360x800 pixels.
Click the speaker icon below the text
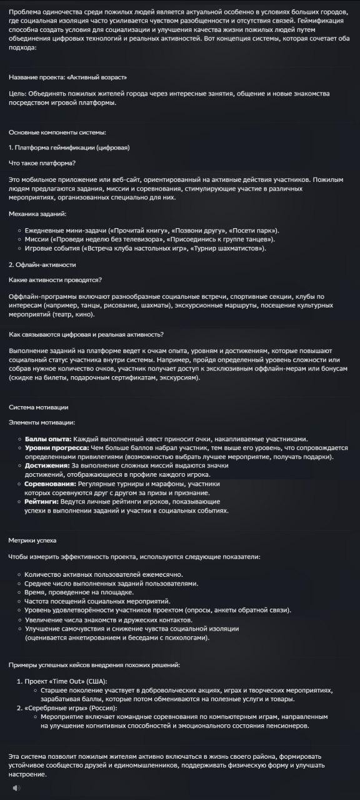point(16,787)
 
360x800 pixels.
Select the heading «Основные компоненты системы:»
point(57,132)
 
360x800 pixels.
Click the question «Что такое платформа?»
point(42,163)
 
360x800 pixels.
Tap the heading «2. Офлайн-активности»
point(42,264)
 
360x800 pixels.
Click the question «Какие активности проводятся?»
point(56,279)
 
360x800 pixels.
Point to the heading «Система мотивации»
point(39,407)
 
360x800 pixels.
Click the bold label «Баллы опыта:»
point(48,439)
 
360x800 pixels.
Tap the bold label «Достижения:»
point(47,465)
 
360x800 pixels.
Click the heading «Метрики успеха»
point(36,539)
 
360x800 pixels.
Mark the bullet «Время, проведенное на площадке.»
point(79,592)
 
